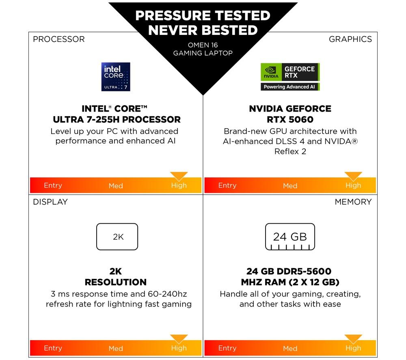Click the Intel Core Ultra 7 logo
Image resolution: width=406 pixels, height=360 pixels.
tap(116, 77)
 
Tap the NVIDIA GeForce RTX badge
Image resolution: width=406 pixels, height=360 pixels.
tap(290, 77)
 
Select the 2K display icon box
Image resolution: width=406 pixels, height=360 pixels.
tap(117, 237)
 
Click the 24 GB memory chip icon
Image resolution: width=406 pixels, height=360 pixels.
tap(290, 237)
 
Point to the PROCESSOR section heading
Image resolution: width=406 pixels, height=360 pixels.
tap(59, 39)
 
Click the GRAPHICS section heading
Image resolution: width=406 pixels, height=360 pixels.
tap(350, 39)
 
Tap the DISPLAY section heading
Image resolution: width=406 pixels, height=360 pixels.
tap(50, 202)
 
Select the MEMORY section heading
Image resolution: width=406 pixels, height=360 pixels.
tap(353, 202)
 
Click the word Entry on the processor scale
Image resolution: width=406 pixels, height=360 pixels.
tap(53, 185)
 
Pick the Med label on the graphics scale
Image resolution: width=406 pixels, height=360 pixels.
tap(290, 186)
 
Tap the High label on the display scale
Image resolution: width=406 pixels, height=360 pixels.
tap(179, 348)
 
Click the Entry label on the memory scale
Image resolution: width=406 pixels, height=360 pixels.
tap(227, 348)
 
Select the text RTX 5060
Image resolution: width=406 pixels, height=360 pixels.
tap(290, 120)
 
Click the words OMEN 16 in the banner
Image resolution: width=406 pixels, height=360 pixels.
tap(203, 45)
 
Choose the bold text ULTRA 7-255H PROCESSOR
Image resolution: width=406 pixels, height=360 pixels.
tap(117, 120)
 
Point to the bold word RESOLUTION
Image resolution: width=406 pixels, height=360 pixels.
tap(116, 282)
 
